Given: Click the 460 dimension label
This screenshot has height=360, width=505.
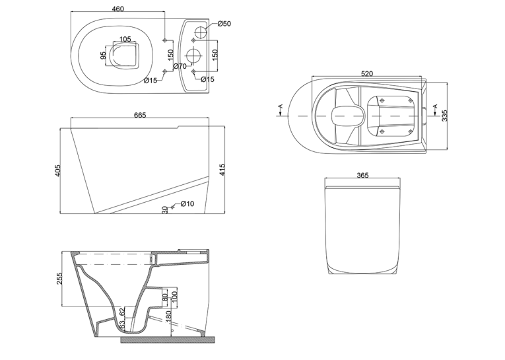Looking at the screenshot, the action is tap(118, 9).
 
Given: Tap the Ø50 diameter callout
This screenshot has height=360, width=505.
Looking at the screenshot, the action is tap(224, 24).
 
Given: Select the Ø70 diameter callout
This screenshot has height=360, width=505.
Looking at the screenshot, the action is tap(180, 66).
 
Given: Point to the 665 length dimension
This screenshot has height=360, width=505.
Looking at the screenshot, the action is tap(140, 115).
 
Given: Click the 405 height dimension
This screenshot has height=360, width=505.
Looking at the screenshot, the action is tap(57, 170).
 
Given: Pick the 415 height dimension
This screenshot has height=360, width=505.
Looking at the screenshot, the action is tap(222, 170).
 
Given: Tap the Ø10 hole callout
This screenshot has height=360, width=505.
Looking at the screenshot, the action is tap(187, 203).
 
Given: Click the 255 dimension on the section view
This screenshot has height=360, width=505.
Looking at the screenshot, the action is tap(59, 279).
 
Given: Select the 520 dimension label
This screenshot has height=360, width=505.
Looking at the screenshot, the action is tap(367, 73).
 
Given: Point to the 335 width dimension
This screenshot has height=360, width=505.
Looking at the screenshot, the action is tap(444, 116).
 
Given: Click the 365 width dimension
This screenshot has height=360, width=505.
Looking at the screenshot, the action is tap(362, 175).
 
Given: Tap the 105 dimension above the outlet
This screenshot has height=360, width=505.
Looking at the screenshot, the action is tap(125, 39).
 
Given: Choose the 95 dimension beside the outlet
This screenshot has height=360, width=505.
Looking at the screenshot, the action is tap(103, 55).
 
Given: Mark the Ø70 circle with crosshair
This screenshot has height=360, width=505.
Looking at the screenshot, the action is tap(194, 55).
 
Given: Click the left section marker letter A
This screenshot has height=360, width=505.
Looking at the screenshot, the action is tap(281, 106).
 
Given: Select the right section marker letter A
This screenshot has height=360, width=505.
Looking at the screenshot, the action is tap(435, 106).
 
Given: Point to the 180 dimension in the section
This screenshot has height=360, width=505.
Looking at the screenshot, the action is tap(168, 317).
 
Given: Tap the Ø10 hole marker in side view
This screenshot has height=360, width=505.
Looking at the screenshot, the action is tap(172, 207).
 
